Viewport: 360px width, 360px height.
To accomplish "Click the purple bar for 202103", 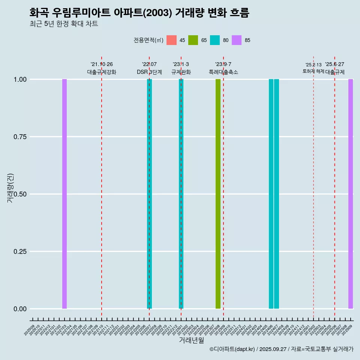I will tap(64, 194).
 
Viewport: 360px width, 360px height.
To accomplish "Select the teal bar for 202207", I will tap(149, 194).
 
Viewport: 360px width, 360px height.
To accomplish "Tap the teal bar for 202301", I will tap(181, 194).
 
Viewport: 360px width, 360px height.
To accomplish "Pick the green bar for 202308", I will tap(218, 194).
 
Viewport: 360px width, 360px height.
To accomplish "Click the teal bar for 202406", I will tap(271, 194).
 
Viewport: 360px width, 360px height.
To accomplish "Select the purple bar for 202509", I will tap(351, 194).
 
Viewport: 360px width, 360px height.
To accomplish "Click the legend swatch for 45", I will tap(171, 40).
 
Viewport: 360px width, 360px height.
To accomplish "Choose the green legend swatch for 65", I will tap(193, 40).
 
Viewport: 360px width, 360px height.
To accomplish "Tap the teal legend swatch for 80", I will tap(215, 40).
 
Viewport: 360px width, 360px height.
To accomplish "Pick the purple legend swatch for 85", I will tap(237, 40).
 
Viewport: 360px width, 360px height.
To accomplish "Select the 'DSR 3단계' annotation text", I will tap(149, 72).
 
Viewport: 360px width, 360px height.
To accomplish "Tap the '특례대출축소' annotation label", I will tap(223, 72).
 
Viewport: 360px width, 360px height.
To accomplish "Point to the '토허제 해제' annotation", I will tap(313, 71).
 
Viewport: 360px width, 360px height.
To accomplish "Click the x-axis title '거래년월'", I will tap(192, 340).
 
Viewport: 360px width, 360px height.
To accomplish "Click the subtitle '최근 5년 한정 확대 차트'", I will tap(64, 24).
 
